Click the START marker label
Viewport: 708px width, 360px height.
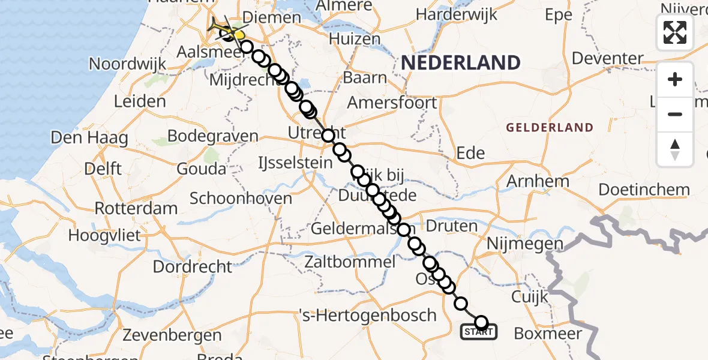(478, 331)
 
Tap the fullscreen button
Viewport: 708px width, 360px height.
(675, 32)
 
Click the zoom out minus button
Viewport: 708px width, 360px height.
(675, 114)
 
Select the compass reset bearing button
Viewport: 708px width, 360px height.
(675, 149)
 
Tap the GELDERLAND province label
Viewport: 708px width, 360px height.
(549, 128)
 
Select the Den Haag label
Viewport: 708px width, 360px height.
(89, 138)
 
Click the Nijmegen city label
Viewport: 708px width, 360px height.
(525, 244)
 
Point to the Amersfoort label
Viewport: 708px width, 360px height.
(392, 103)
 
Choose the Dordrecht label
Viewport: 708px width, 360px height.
(192, 266)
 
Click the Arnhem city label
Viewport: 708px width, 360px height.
(538, 181)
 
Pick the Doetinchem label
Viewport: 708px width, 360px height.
(644, 190)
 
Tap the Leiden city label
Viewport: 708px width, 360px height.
(139, 101)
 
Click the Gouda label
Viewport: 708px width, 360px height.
(202, 169)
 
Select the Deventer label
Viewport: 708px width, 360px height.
(607, 58)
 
